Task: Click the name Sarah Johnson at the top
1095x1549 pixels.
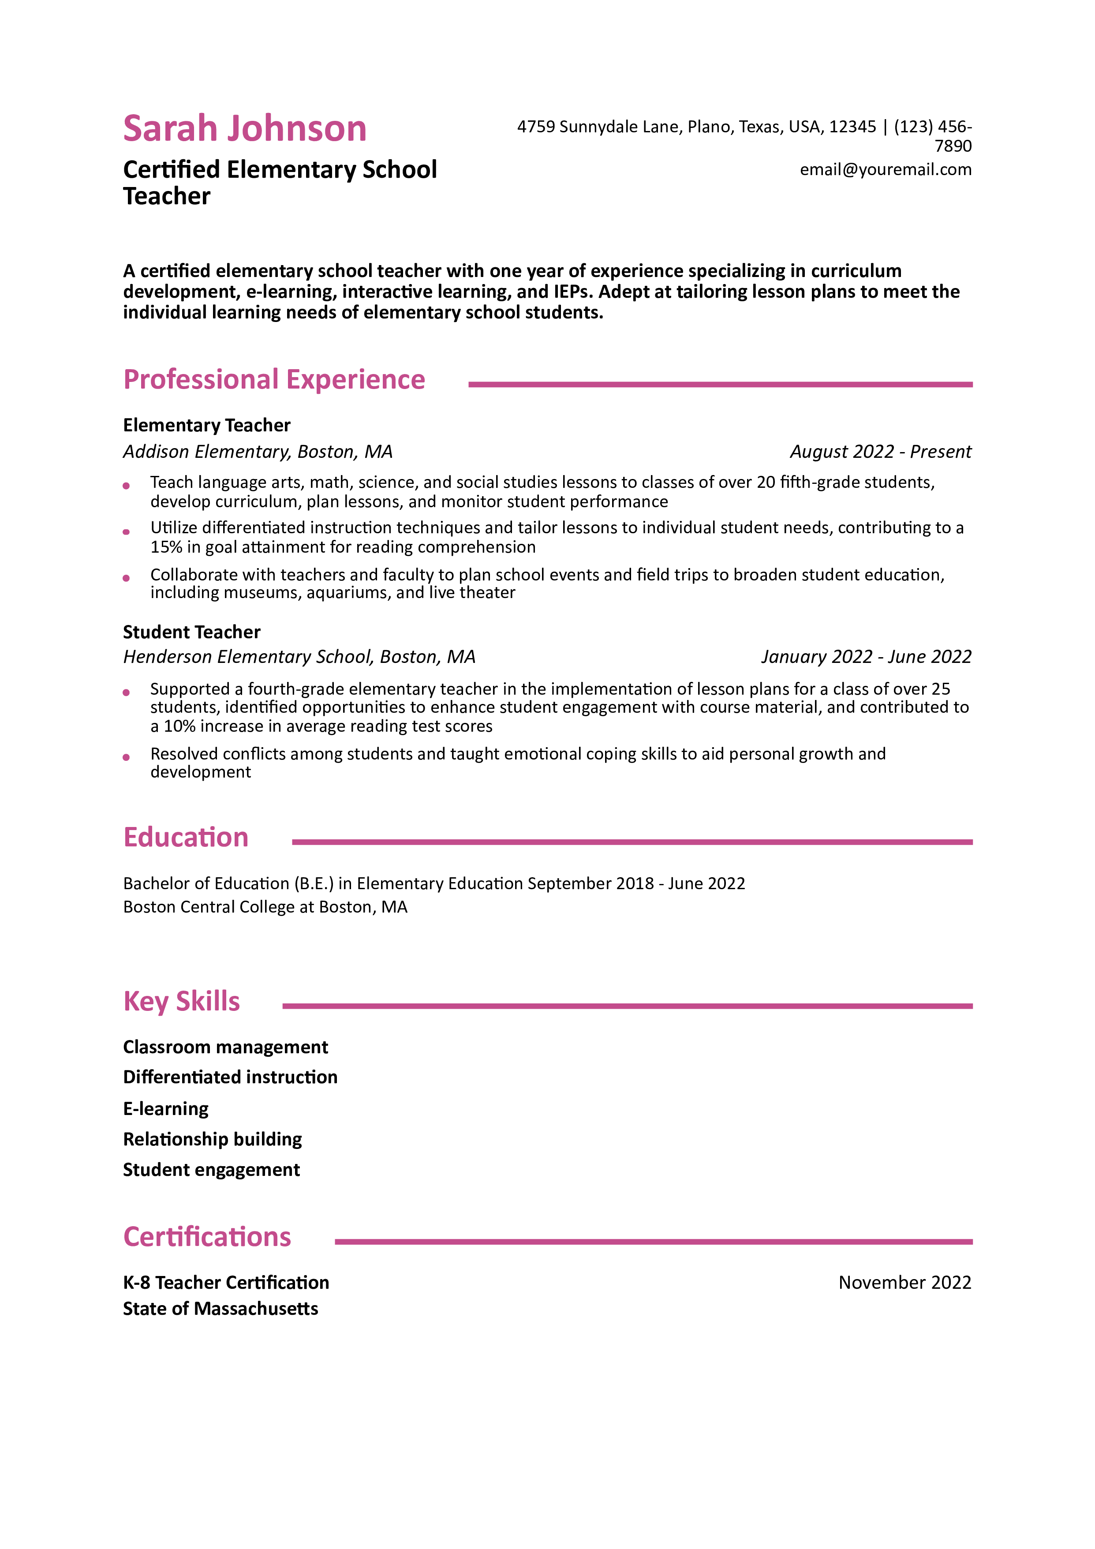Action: coord(244,128)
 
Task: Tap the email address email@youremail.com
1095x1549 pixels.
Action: coord(885,169)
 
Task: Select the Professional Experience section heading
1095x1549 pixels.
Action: coord(274,380)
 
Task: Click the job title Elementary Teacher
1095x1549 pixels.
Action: coord(206,425)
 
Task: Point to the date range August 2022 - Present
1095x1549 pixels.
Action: coord(880,451)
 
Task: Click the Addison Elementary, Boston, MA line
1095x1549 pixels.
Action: coord(258,451)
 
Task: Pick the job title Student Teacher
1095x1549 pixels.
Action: coord(191,632)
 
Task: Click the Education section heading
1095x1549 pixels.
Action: coord(186,837)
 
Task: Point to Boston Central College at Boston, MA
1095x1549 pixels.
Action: coord(265,907)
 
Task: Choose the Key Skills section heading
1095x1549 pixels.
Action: coord(182,1001)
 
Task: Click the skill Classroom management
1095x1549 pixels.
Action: coord(225,1047)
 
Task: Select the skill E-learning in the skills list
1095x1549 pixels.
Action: coord(166,1108)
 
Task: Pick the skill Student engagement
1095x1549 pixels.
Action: coord(211,1170)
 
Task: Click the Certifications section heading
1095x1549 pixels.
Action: coord(207,1237)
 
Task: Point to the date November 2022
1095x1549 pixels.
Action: coord(905,1283)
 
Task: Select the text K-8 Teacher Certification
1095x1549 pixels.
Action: coord(226,1283)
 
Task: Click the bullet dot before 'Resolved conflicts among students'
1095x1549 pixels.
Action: coord(126,757)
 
